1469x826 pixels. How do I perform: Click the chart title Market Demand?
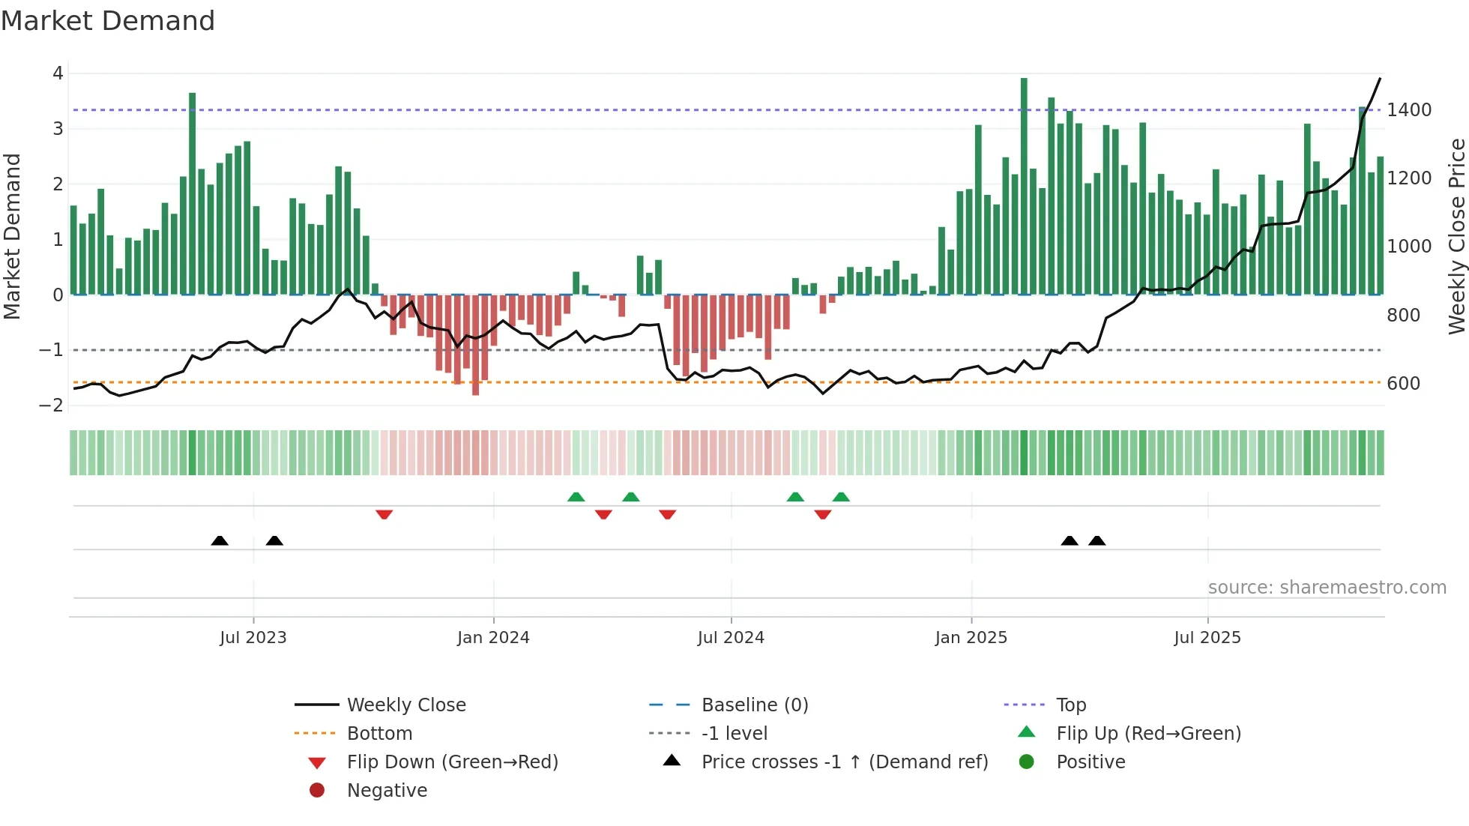pyautogui.click(x=108, y=20)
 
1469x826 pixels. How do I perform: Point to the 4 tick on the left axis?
pyautogui.click(x=58, y=73)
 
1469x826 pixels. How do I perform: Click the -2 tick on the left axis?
pyautogui.click(x=52, y=406)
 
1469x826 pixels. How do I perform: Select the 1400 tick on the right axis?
pyautogui.click(x=1409, y=110)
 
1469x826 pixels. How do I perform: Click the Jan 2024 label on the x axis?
pyautogui.click(x=493, y=638)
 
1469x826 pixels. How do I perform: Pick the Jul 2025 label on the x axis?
pyautogui.click(x=1207, y=638)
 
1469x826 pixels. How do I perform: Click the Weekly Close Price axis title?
pyautogui.click(x=1456, y=236)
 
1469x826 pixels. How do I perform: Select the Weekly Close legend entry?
pyautogui.click(x=405, y=705)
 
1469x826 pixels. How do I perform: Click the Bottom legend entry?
pyautogui.click(x=379, y=734)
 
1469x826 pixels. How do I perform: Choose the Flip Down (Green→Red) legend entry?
pyautogui.click(x=452, y=762)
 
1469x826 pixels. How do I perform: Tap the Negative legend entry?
pyautogui.click(x=387, y=791)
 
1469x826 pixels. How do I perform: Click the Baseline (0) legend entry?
pyautogui.click(x=754, y=705)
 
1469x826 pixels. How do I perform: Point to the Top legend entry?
pyautogui.click(x=1070, y=705)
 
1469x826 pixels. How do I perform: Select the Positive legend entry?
pyautogui.click(x=1091, y=762)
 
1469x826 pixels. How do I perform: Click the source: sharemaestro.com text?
pyautogui.click(x=1327, y=588)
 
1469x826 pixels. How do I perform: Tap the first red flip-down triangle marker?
pyautogui.click(x=384, y=514)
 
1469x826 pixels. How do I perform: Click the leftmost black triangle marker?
pyautogui.click(x=220, y=540)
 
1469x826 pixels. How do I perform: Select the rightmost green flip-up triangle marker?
pyautogui.click(x=841, y=497)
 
